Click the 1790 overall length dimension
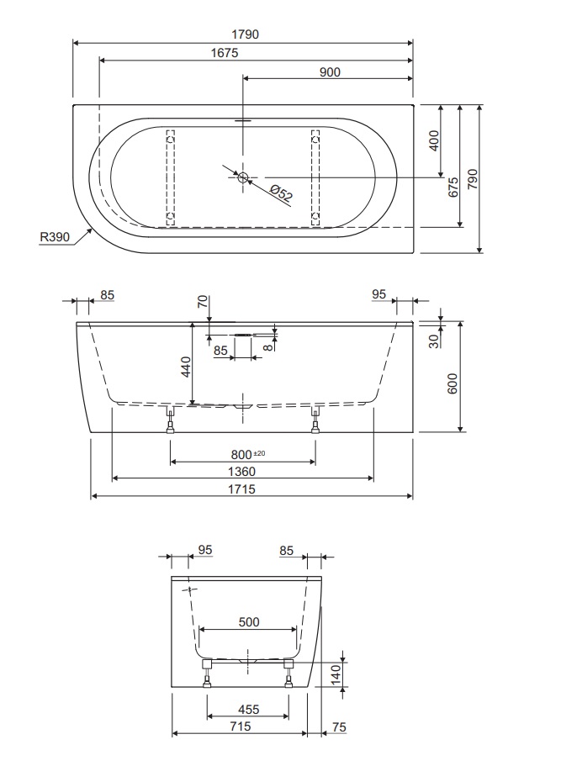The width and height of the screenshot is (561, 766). (245, 34)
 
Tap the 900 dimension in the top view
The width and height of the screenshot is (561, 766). (330, 72)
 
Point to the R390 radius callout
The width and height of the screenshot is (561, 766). (54, 238)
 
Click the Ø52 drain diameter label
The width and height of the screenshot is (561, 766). (282, 193)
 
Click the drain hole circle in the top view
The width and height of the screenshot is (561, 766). (243, 177)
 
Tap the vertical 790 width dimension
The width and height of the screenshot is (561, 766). (473, 178)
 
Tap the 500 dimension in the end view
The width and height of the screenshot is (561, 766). (248, 622)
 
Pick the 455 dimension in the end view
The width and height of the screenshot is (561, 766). (248, 710)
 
